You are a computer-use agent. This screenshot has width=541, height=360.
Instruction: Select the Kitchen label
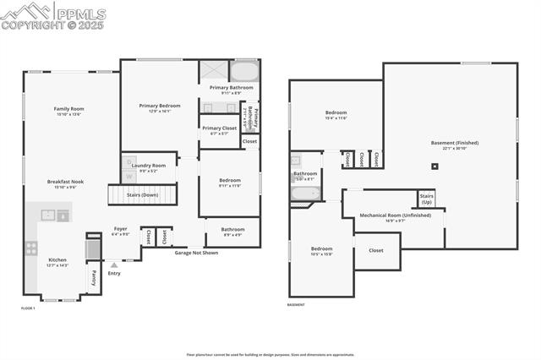coord(57,259)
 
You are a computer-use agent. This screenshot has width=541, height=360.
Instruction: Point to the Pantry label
coord(94,276)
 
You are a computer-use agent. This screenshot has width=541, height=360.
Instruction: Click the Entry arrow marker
coord(114,265)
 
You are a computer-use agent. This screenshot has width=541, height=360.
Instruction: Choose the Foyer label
coord(121,229)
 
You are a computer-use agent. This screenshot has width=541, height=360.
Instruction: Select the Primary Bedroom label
coord(160,106)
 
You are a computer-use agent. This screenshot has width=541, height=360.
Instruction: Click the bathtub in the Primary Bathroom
coord(244,70)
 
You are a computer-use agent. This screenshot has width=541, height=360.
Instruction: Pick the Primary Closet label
coord(219,128)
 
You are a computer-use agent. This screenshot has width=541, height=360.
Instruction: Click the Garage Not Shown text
coord(196,253)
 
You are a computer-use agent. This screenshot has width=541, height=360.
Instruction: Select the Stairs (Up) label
coord(427,199)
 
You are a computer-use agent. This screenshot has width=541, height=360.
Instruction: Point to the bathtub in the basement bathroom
coord(303,194)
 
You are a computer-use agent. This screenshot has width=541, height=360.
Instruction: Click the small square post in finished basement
coord(435,166)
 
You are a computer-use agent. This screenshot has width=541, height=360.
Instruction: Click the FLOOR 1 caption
coord(28,308)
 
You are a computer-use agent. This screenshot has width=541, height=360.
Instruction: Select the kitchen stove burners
coord(31,248)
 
